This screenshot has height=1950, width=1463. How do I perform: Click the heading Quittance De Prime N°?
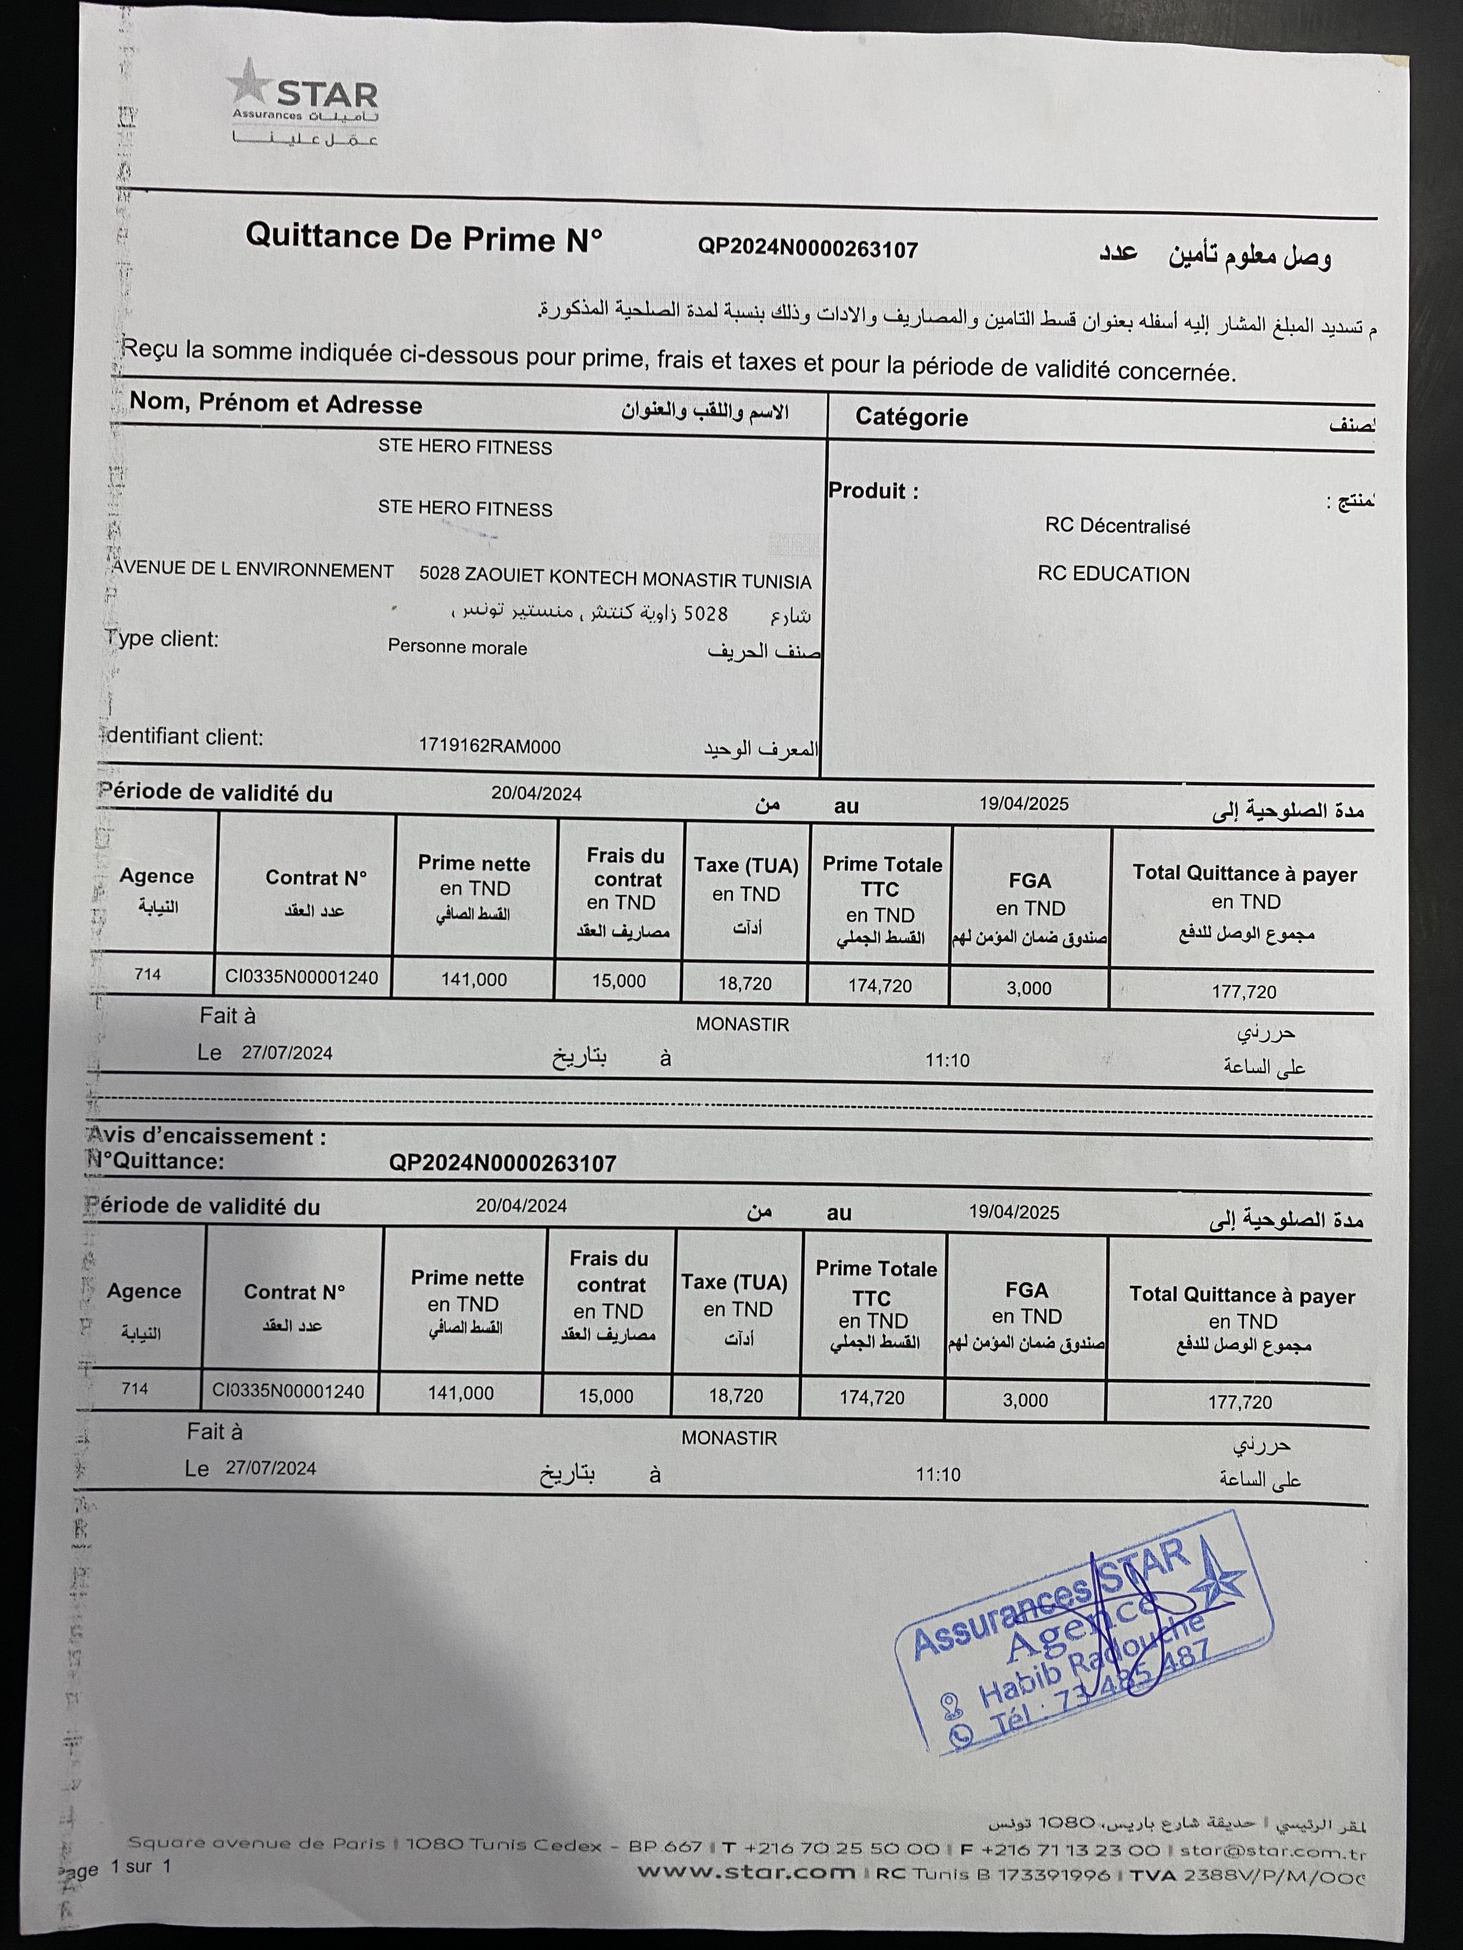point(423,237)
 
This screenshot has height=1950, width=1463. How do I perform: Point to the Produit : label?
point(873,491)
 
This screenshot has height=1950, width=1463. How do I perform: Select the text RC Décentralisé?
point(1117,526)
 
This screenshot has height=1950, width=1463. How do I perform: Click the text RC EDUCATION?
point(1113,575)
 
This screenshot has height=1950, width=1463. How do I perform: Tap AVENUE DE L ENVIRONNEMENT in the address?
point(253,570)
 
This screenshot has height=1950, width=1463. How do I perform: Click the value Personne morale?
point(457,647)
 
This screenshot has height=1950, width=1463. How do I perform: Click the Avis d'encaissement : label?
point(207,1137)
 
